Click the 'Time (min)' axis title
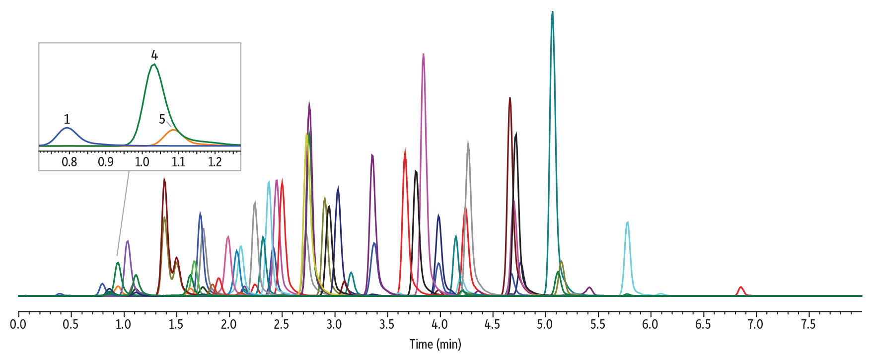coord(435,344)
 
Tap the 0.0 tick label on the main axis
coord(18,325)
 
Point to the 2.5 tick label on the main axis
coord(282,325)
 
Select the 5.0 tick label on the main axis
coord(545,325)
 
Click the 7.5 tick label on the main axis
coord(808,325)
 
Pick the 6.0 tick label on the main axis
coord(650,325)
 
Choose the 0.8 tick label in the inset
coord(70,162)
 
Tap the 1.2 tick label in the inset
coord(215,162)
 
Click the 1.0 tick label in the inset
coord(142,162)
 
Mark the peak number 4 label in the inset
coord(154,55)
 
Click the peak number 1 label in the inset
coord(67,119)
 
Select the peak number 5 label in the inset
coord(162,119)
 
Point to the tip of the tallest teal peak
coord(552,12)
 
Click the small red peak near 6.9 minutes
coord(740,288)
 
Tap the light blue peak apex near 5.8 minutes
coord(628,222)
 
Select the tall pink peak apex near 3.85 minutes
coord(423,54)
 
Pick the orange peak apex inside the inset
coord(173,130)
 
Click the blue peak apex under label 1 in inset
coord(67,128)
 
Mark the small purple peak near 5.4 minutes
coord(589,288)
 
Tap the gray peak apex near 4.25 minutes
coord(468,142)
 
